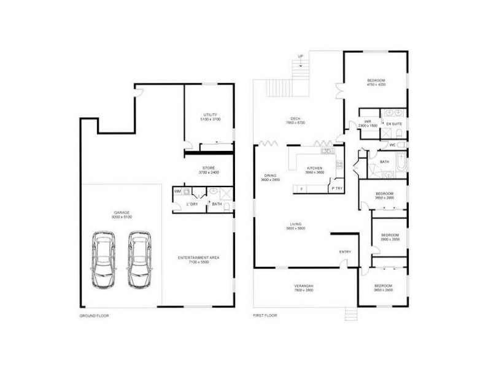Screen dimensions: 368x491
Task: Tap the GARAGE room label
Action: point(121,215)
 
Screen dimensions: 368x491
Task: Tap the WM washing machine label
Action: point(177,192)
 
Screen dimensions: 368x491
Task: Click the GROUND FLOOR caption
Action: point(94,316)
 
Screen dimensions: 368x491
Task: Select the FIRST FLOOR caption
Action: point(265,316)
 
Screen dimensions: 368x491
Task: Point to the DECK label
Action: point(295,121)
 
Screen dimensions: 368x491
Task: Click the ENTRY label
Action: point(345,252)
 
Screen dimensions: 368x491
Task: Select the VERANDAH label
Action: point(303,288)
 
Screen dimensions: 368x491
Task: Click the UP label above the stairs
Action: point(301,56)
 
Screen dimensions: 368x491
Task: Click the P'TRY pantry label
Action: point(336,189)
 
